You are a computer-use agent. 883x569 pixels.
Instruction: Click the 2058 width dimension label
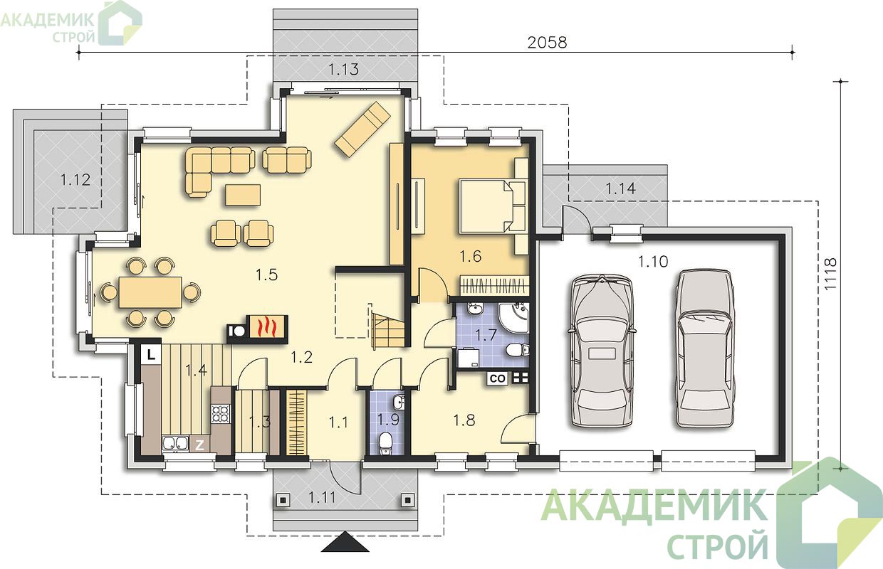547,43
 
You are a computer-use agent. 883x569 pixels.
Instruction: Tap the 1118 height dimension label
830,274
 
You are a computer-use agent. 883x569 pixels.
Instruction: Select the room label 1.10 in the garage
653,261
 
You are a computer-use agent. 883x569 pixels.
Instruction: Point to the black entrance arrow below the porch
345,542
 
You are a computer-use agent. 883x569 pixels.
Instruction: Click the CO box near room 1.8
498,378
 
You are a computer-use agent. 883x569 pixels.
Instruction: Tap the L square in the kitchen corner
150,355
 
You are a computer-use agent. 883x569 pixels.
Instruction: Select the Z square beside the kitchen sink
199,445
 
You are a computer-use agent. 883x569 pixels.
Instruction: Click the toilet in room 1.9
385,443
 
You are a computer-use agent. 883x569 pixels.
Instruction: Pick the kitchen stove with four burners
221,413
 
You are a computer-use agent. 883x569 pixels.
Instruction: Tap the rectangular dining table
150,292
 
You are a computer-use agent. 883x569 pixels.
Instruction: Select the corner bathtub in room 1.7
513,318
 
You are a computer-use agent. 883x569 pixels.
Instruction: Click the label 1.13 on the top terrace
344,69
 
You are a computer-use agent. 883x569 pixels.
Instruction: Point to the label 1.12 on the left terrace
75,180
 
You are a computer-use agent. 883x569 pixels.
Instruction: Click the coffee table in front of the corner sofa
243,196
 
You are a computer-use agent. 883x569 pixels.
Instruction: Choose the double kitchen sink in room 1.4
175,443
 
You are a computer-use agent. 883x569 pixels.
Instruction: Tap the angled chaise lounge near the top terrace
362,129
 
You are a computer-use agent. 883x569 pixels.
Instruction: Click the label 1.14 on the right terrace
621,188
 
